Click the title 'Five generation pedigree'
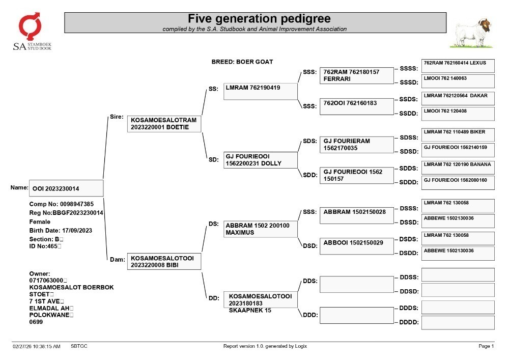(259, 18)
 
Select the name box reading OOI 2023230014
(66, 188)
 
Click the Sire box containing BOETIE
(164, 124)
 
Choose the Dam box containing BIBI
(164, 261)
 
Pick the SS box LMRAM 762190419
(260, 92)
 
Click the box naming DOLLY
(260, 160)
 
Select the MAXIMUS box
(260, 229)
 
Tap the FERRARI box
(356, 76)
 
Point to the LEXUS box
(458, 66)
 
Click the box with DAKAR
(458, 98)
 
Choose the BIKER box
(458, 135)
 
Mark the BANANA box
(458, 168)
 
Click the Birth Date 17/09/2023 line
(61, 231)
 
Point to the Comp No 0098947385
(62, 204)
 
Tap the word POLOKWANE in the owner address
(49, 315)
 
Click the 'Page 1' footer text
(486, 346)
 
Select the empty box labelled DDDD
(458, 323)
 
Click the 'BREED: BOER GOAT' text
(242, 62)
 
